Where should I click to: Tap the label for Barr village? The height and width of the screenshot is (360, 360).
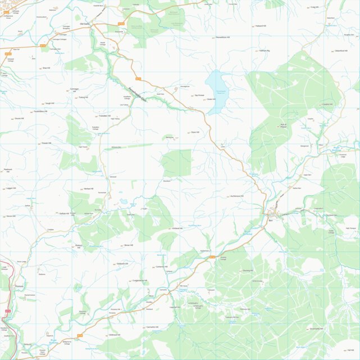pyautogui.click(x=270, y=220)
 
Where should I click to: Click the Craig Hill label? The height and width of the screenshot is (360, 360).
pyautogui.click(x=314, y=7)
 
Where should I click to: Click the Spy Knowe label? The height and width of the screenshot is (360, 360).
pyautogui.click(x=199, y=95)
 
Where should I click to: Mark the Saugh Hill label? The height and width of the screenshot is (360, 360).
pyautogui.click(x=49, y=103)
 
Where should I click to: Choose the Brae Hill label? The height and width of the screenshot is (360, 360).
pyautogui.click(x=47, y=68)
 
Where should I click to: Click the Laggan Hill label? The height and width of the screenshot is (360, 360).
pyautogui.click(x=11, y=188)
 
